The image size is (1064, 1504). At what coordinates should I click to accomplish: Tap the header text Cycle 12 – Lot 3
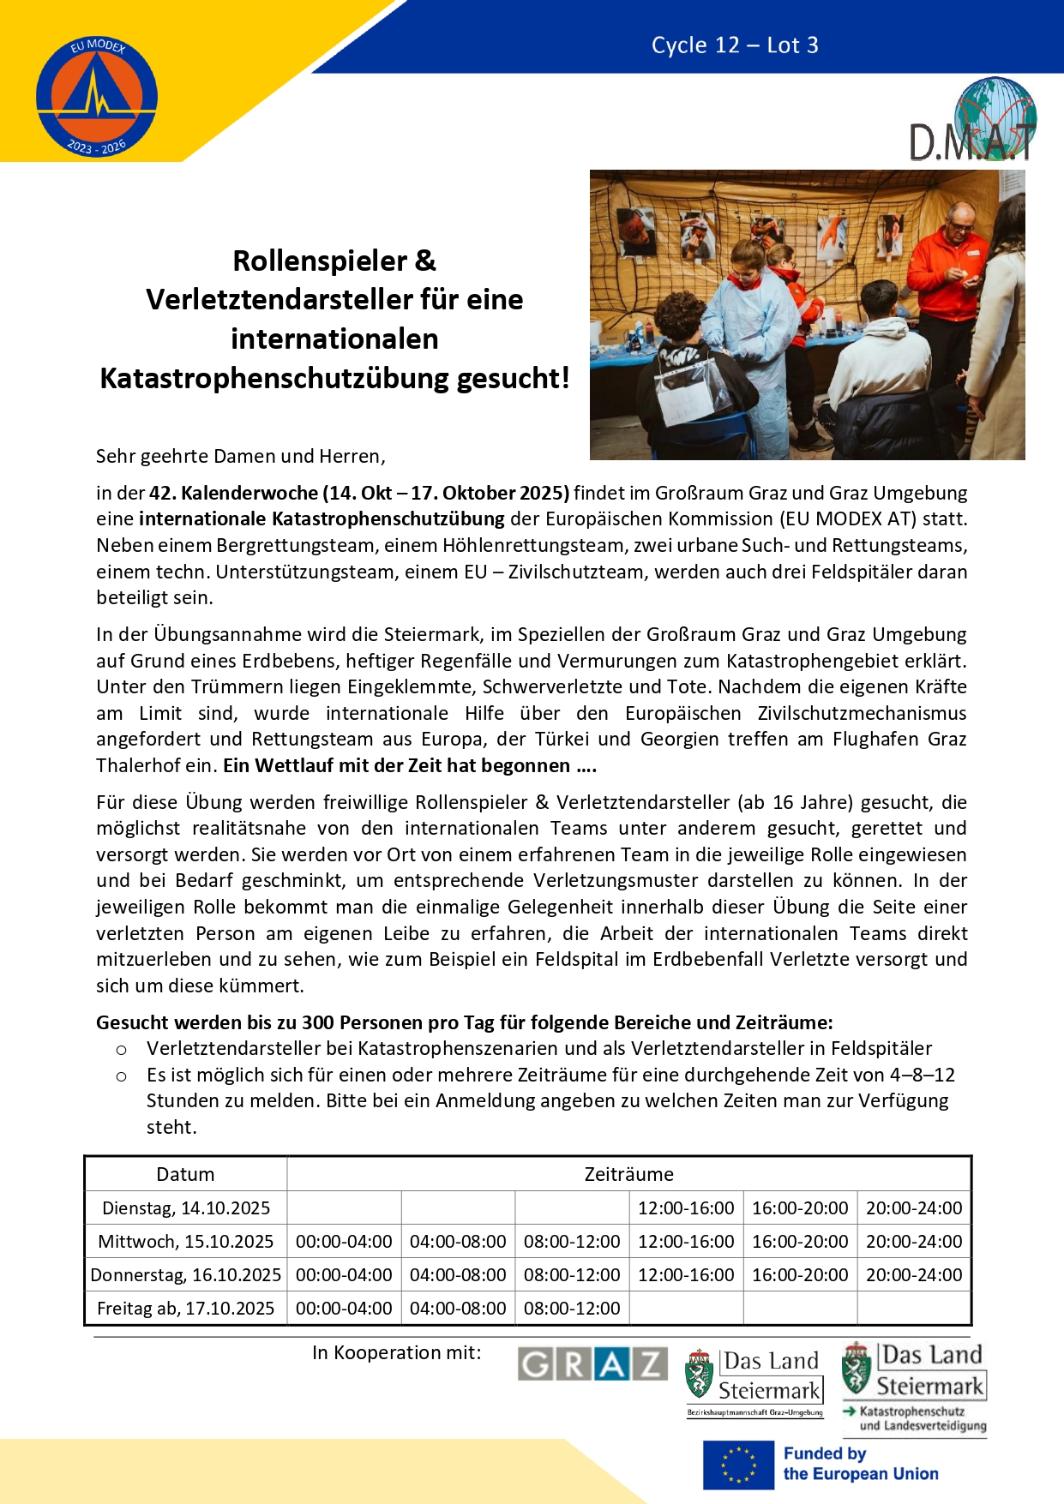coord(735,45)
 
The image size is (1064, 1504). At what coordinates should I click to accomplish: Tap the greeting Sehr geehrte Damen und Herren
coord(241,456)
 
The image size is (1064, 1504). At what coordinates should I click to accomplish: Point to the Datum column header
coord(185,1174)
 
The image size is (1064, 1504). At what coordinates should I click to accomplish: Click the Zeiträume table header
coord(628,1174)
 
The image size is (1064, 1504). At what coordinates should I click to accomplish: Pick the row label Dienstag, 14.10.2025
coord(185,1208)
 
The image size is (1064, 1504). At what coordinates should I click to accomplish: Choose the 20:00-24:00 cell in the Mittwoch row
coord(914,1242)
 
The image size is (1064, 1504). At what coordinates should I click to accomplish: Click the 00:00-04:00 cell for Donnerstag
coord(344,1275)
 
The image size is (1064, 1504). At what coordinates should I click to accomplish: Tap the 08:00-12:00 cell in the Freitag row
coord(572,1309)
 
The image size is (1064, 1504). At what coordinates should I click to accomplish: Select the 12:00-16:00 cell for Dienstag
coord(686,1208)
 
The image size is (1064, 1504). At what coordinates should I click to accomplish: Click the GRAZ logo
coord(592,1364)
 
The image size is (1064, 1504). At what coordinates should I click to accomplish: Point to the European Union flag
coord(738,1465)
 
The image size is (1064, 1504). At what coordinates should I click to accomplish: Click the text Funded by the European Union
coord(860,1464)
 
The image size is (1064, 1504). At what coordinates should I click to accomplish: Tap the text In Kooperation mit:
coord(397,1352)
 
